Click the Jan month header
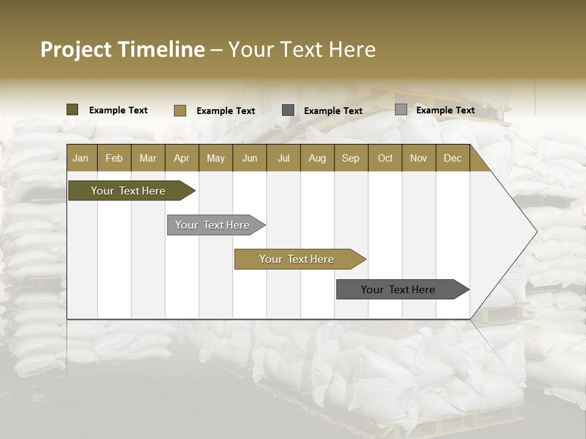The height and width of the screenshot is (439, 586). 81,158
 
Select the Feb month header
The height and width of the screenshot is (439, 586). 114,158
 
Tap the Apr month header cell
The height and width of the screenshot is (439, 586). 182,158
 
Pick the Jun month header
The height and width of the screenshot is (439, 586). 250,158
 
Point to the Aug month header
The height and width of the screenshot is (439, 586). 317,158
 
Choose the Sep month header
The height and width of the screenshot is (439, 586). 351,158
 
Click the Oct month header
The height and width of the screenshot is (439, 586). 385,158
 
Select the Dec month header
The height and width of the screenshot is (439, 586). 453,158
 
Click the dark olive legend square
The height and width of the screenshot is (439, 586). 73,110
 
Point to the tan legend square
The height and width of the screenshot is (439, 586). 180,110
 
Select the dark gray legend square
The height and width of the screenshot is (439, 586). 288,110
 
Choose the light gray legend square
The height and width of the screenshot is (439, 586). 401,110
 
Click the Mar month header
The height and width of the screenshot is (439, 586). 148,158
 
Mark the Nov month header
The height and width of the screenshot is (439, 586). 419,158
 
